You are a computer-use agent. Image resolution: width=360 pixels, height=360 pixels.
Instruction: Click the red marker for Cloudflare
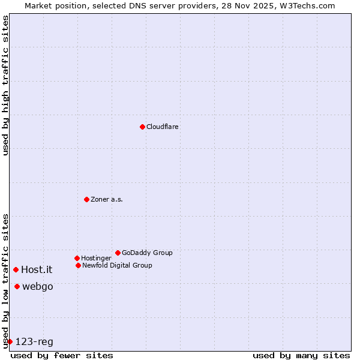point(142,127)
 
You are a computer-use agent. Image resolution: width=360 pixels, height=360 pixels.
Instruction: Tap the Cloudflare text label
point(163,127)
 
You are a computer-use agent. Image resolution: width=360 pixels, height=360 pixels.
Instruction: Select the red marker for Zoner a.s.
point(86,199)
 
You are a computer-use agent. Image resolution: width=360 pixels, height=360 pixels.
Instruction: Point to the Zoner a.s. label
point(107,199)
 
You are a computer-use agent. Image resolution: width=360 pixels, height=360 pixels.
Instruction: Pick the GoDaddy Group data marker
point(118,253)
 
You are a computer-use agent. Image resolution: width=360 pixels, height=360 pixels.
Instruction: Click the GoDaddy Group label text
point(147,253)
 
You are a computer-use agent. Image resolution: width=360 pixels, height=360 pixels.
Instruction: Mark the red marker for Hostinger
point(77,258)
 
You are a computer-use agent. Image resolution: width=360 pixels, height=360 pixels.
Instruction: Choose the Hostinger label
point(96,259)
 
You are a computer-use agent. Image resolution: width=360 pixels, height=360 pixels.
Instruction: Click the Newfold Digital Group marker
point(78,265)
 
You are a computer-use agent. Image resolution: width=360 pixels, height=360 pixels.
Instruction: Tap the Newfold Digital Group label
point(117,265)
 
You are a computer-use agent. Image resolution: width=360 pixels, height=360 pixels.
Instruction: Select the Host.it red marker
point(16,269)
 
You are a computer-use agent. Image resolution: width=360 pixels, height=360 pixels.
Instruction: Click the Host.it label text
point(37,270)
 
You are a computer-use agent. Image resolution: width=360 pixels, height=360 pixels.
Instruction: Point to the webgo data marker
point(17,286)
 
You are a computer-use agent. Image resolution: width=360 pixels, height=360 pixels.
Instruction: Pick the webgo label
point(38,287)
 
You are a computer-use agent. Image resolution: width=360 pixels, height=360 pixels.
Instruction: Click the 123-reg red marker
point(10,341)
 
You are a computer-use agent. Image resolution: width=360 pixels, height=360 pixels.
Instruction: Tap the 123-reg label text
point(34,342)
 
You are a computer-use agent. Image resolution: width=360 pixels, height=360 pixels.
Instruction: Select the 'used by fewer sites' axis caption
point(62,355)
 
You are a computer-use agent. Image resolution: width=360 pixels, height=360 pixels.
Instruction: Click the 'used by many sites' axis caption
point(301,355)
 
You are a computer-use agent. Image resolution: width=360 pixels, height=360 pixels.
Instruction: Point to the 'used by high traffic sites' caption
point(5,86)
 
